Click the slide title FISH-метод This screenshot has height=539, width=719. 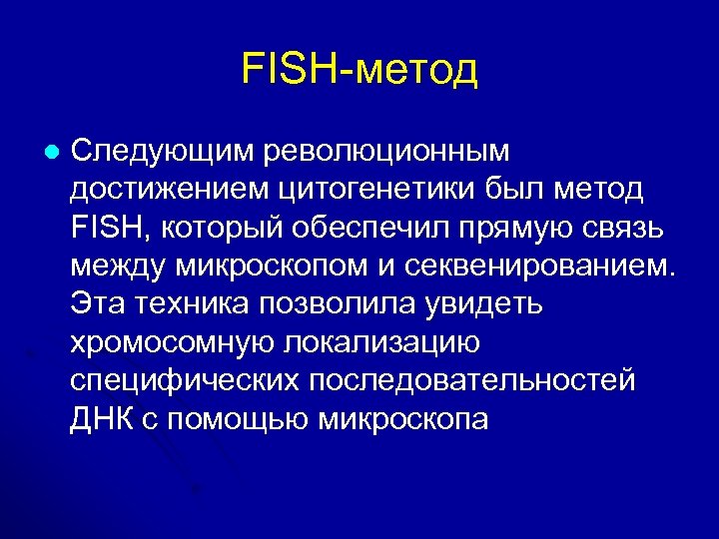[359, 69]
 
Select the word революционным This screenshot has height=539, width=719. [384, 151]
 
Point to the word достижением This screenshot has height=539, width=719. [163, 189]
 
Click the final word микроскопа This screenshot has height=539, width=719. [402, 418]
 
